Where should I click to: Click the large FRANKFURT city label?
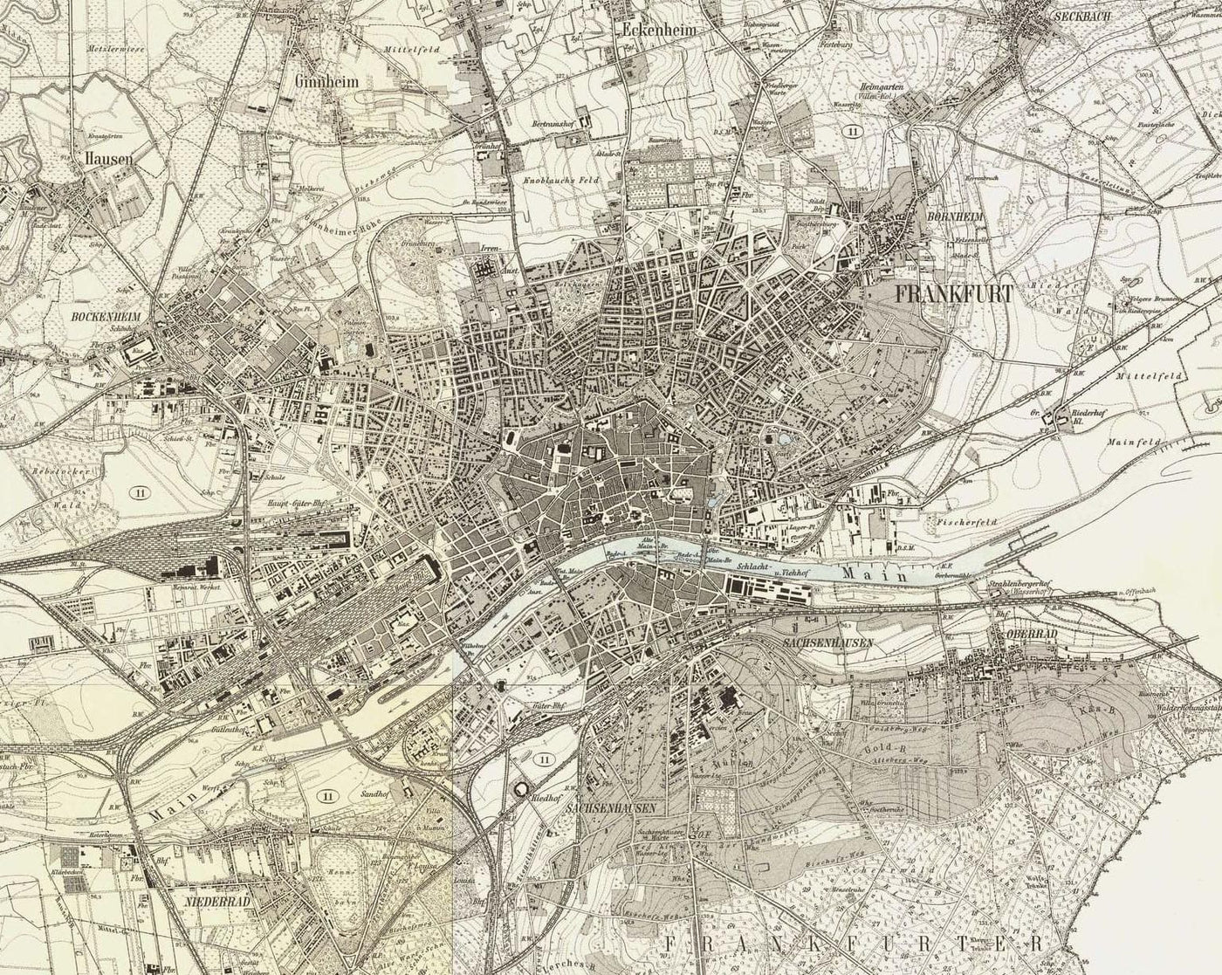953,294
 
